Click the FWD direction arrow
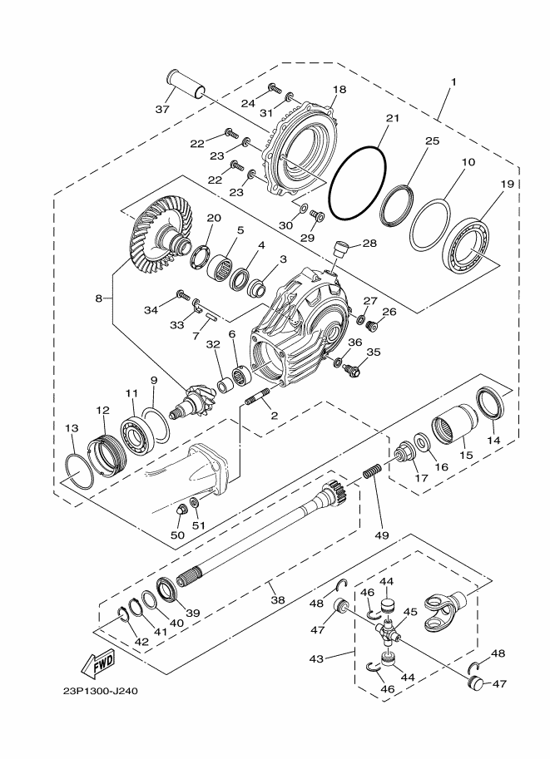(98, 663)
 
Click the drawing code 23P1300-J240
(101, 691)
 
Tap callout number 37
(162, 110)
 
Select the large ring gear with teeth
(160, 228)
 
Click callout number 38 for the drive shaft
(278, 599)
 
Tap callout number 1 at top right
(453, 82)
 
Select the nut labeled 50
(181, 510)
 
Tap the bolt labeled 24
(275, 88)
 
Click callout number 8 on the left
(98, 298)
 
